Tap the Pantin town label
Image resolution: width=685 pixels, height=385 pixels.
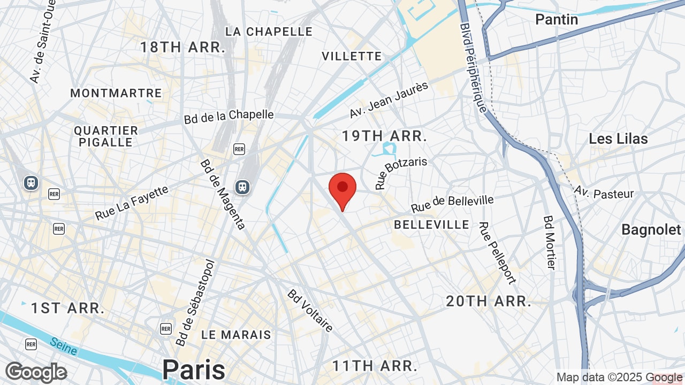(557, 20)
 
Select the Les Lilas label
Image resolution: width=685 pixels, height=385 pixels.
(618, 139)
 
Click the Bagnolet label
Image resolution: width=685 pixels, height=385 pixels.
(651, 230)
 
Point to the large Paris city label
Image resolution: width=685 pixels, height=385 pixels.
(194, 369)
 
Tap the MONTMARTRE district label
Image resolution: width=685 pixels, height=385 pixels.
(116, 93)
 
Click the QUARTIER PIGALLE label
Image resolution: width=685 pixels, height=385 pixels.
(106, 136)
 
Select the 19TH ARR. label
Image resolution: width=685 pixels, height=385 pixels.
(384, 136)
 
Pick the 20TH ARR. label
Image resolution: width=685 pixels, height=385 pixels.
(489, 301)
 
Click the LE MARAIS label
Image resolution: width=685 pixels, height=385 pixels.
(236, 335)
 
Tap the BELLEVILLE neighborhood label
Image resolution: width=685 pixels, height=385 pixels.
(431, 225)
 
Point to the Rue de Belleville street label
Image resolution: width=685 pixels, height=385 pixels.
(452, 203)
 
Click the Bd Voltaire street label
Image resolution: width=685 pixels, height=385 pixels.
(310, 311)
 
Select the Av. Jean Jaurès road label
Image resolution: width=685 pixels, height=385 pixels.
(389, 100)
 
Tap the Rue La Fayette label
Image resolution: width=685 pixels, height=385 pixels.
(132, 203)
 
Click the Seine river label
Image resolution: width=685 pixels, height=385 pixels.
(64, 346)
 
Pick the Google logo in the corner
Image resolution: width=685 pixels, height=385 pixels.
(36, 372)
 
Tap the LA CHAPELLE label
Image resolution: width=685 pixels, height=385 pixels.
(269, 32)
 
